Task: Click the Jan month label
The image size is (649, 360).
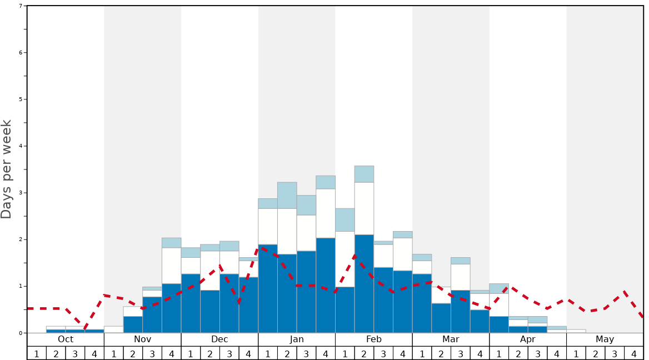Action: click(x=297, y=339)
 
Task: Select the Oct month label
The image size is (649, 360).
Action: click(x=66, y=339)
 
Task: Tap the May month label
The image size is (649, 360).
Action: click(x=605, y=339)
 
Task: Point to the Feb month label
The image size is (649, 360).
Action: click(x=373, y=339)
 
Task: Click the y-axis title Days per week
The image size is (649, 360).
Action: click(x=7, y=169)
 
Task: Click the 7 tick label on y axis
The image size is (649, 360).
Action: click(x=21, y=6)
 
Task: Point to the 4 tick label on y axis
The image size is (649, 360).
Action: click(x=21, y=146)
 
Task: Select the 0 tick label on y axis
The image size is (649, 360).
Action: click(x=21, y=333)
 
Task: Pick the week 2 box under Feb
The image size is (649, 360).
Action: click(x=364, y=353)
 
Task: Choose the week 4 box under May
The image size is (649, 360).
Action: click(x=633, y=353)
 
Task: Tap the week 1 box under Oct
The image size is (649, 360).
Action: click(x=37, y=353)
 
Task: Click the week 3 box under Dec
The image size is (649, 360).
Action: click(x=229, y=353)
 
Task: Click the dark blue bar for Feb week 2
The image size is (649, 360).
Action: click(x=364, y=283)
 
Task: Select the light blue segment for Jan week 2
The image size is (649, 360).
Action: click(x=287, y=195)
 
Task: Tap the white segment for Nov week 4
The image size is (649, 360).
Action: click(x=171, y=266)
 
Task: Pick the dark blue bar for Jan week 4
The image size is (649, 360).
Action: click(x=326, y=285)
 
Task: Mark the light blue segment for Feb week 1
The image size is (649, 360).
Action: click(x=345, y=220)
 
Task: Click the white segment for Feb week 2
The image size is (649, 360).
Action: click(x=364, y=208)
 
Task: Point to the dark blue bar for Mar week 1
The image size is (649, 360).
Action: click(x=422, y=303)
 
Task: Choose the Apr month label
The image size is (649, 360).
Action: click(x=528, y=339)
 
